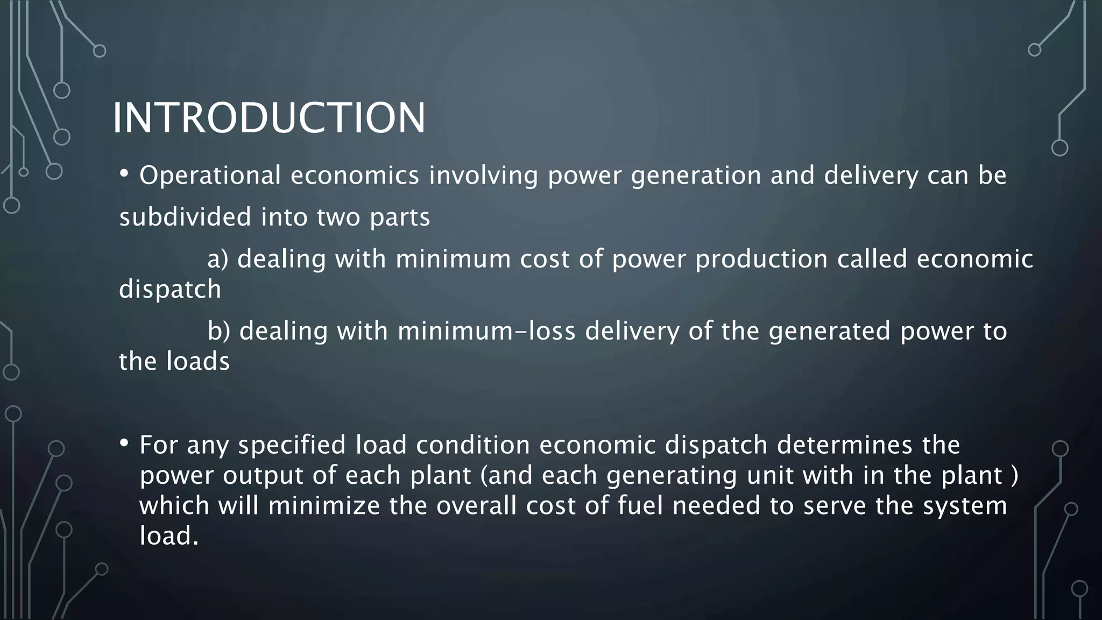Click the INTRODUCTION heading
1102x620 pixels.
[x=269, y=118]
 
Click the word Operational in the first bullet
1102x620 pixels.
[x=210, y=176]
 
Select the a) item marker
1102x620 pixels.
[x=218, y=259]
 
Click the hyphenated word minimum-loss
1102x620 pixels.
[x=486, y=331]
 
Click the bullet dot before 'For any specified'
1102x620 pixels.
[x=124, y=443]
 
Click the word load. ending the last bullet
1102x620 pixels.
[x=169, y=536]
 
